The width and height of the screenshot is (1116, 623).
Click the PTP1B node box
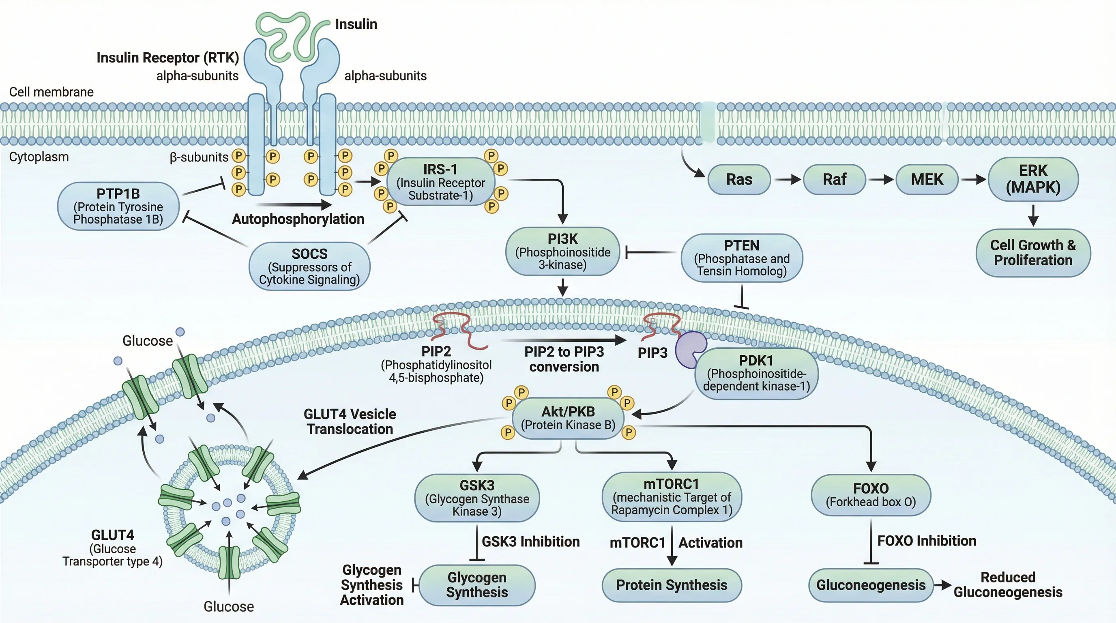click(x=118, y=206)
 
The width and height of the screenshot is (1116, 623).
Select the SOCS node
click(x=309, y=266)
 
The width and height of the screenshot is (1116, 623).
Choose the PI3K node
click(x=562, y=251)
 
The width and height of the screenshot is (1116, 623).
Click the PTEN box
click(x=742, y=258)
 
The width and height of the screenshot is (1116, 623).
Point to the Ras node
click(x=739, y=179)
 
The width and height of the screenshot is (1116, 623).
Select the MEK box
click(x=927, y=179)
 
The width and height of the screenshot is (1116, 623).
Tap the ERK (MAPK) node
click(x=1033, y=179)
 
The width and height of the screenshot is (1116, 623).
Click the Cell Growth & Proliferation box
click(x=1033, y=253)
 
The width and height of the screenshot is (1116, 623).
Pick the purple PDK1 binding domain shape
click(x=690, y=349)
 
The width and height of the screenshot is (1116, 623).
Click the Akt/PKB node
click(x=568, y=418)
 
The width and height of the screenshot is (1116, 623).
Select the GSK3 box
click(x=476, y=498)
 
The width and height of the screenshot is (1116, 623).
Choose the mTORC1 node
click(x=672, y=496)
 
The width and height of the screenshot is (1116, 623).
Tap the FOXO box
click(x=870, y=495)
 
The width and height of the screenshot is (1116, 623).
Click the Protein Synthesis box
click(x=672, y=585)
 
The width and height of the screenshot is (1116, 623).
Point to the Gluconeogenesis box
click(x=870, y=585)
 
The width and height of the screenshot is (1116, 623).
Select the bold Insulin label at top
click(x=356, y=24)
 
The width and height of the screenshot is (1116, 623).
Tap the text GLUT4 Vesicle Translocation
click(x=350, y=421)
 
